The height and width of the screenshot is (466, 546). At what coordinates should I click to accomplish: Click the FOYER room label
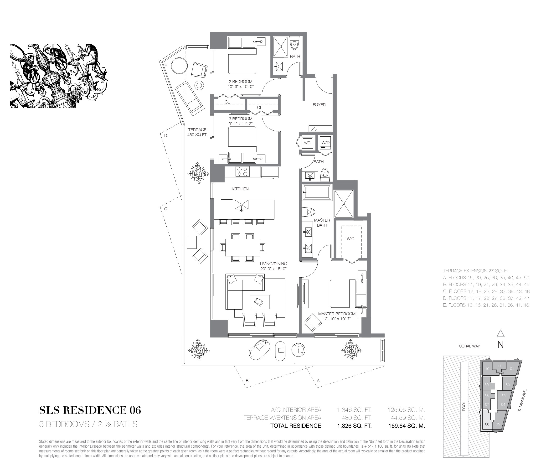pyautogui.click(x=319, y=105)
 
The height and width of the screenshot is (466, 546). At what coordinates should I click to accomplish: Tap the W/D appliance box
pyautogui.click(x=325, y=143)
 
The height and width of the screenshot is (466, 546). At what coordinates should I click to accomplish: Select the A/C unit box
pyautogui.click(x=307, y=143)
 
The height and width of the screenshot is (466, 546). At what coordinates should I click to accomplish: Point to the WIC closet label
pyautogui.click(x=350, y=238)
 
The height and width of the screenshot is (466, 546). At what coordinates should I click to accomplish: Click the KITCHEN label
pyautogui.click(x=240, y=189)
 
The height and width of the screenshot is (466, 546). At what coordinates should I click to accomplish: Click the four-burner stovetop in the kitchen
pyautogui.click(x=242, y=172)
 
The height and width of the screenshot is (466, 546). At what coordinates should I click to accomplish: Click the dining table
pyautogui.click(x=242, y=247)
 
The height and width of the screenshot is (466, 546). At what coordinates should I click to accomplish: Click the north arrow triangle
pyautogui.click(x=500, y=334)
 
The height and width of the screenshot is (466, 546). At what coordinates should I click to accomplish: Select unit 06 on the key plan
pyautogui.click(x=487, y=424)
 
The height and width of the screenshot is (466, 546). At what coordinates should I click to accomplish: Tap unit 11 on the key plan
pyautogui.click(x=499, y=366)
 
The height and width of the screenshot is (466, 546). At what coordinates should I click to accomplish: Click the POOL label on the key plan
pyautogui.click(x=464, y=406)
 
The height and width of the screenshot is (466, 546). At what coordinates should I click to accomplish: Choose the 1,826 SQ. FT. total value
pyautogui.click(x=355, y=426)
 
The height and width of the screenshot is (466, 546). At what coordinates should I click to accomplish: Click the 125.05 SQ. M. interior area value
pyautogui.click(x=406, y=410)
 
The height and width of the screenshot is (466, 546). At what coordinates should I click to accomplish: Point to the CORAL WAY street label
pyautogui.click(x=469, y=346)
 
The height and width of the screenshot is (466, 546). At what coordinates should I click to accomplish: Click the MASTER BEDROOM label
pyautogui.click(x=337, y=314)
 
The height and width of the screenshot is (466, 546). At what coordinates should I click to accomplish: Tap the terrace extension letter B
pyautogui.click(x=247, y=381)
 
